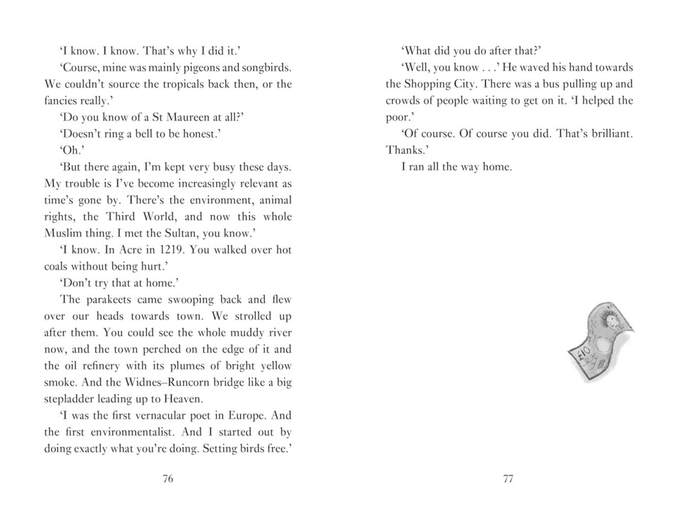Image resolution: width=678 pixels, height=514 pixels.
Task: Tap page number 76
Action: point(167,479)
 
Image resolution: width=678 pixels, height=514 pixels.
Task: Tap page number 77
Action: point(508,479)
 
